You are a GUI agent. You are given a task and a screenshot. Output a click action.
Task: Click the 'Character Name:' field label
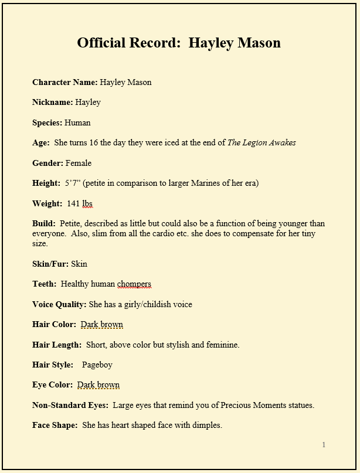tap(64, 82)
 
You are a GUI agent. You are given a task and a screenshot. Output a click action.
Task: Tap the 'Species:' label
tap(47, 122)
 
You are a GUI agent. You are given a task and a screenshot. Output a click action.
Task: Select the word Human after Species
tap(77, 122)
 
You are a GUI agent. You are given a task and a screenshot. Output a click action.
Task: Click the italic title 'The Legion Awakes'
tap(261, 142)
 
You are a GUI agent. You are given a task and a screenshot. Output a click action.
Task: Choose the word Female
tap(79, 163)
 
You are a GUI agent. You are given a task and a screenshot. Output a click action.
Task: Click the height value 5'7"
tap(73, 183)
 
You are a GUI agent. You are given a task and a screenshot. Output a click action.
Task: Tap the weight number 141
tap(73, 203)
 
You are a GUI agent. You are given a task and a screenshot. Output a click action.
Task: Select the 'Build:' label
tap(44, 223)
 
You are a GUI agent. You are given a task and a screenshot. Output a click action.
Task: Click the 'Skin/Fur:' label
tap(50, 264)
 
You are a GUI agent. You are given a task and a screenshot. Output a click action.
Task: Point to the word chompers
tap(134, 284)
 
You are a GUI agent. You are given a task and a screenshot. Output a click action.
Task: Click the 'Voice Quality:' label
tap(59, 304)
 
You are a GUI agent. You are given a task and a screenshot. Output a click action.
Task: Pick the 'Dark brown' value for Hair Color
tap(102, 324)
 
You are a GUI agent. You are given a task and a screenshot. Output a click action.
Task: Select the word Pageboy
tap(97, 365)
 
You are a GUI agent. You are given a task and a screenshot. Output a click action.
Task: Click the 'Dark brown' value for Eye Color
tap(99, 385)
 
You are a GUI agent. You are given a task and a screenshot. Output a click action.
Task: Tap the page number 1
tap(324, 445)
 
